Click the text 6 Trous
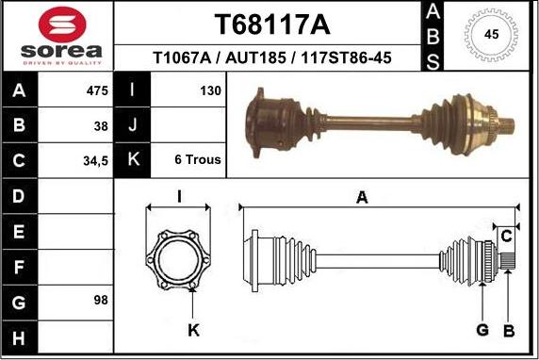coord(198,160)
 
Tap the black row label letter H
coord(19,335)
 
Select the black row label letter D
coord(19,196)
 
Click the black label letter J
coord(132,125)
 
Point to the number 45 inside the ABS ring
coord(490,35)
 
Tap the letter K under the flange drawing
coord(192,330)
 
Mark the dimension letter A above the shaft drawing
coord(361,196)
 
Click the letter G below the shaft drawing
coord(482,330)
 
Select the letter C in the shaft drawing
coord(506,234)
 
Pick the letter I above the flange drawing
coord(179,196)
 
